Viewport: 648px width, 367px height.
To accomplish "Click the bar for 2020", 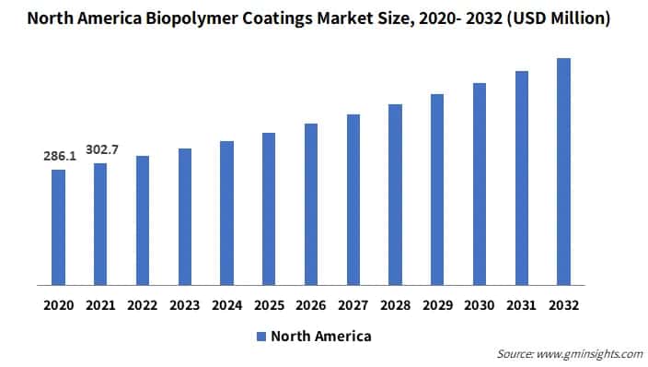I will pos(58,227).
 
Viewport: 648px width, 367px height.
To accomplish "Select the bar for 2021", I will pos(100,224).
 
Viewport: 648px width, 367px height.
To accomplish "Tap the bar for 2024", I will pos(226,213).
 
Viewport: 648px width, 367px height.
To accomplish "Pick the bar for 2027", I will pos(353,199).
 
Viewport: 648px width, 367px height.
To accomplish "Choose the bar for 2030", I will pos(480,183).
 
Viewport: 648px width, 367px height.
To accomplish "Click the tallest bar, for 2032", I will pos(563,172).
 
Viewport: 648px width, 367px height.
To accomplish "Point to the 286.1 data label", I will pos(59,157).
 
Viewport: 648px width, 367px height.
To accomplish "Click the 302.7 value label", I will pos(101,149).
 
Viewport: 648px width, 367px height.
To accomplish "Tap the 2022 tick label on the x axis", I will pos(143,303).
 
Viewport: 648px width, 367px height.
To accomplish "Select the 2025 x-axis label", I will pos(269,303).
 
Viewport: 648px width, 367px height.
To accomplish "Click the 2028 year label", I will pos(395,303).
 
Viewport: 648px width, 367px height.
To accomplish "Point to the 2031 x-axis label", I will pos(521,303).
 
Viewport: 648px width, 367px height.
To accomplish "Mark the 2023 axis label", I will pos(184,303).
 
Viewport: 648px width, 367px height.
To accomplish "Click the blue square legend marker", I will pos(260,337).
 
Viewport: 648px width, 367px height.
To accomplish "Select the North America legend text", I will pos(320,337).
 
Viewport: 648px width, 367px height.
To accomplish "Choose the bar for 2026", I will pos(311,204).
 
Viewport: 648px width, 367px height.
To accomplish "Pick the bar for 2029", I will pos(437,189).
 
